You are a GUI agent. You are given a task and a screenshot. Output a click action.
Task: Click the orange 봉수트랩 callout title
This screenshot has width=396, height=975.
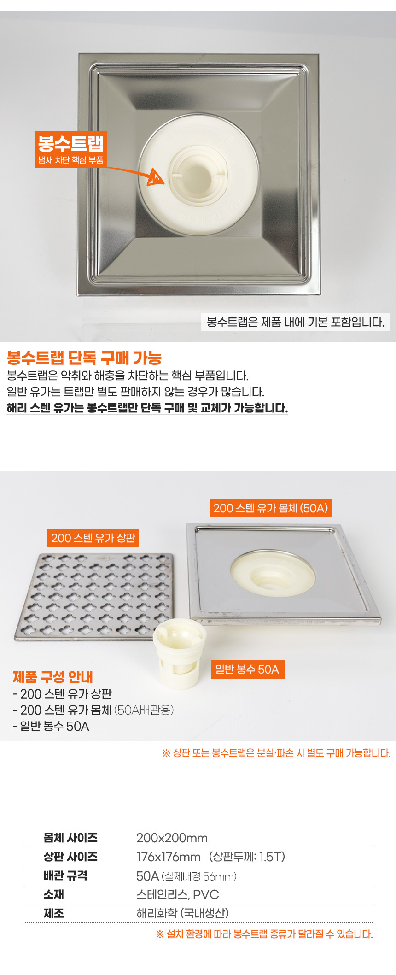pyautogui.click(x=70, y=143)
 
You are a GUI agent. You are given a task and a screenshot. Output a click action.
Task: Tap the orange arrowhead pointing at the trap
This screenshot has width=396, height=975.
pyautogui.click(x=156, y=177)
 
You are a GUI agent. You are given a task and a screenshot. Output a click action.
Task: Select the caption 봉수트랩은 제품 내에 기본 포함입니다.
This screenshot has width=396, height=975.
pyautogui.click(x=296, y=322)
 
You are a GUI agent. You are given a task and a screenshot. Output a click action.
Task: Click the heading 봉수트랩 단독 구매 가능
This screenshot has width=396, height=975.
pyautogui.click(x=84, y=358)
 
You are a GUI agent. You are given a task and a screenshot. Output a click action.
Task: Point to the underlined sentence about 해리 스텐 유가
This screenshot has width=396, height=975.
pyautogui.click(x=147, y=408)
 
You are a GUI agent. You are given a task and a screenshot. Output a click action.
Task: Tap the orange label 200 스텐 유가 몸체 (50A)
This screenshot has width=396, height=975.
pyautogui.click(x=271, y=508)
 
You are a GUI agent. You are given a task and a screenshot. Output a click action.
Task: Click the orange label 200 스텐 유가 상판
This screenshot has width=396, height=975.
pyautogui.click(x=93, y=538)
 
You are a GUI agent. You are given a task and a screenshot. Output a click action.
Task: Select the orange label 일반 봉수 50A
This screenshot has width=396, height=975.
pyautogui.click(x=247, y=670)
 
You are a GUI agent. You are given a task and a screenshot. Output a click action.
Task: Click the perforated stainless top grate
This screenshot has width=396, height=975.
pyautogui.click(x=94, y=597)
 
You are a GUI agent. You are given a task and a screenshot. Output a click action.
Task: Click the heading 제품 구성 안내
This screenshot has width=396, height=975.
pyautogui.click(x=53, y=677)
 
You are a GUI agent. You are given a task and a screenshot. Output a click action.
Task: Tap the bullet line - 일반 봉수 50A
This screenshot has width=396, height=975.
pyautogui.click(x=51, y=726)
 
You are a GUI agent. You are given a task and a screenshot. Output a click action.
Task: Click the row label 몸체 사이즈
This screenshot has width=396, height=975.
pyautogui.click(x=70, y=838)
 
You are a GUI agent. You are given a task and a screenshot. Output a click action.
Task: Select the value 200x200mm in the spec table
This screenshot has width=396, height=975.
pyautogui.click(x=172, y=838)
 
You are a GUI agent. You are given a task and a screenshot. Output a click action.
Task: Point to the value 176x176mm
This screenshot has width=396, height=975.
pyautogui.click(x=169, y=857)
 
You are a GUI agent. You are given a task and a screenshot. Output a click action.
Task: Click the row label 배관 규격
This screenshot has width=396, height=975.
pyautogui.click(x=65, y=875)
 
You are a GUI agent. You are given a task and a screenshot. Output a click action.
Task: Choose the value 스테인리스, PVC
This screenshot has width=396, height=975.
pyautogui.click(x=178, y=894)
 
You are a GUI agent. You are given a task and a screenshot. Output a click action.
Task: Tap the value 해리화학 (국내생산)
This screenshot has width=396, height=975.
pyautogui.click(x=182, y=913)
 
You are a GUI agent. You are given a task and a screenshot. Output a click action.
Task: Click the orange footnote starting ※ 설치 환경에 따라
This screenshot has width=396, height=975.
pyautogui.click(x=264, y=934)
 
